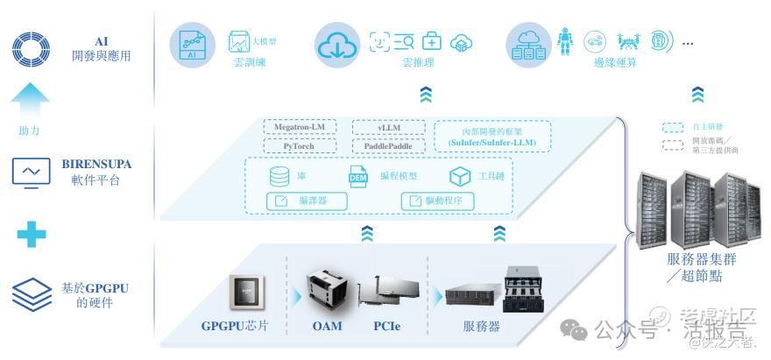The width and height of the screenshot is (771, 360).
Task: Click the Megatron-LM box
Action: (x=301, y=128)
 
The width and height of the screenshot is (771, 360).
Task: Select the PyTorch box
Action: (x=301, y=145)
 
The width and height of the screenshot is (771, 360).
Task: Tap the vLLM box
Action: (x=388, y=128)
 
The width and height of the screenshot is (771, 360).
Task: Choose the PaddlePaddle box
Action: (x=388, y=145)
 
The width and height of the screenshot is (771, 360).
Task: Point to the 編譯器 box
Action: (x=307, y=201)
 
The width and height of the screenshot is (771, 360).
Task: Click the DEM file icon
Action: (x=358, y=175)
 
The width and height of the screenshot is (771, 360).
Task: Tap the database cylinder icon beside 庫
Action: (x=279, y=176)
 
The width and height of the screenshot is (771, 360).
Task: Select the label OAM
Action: (x=327, y=328)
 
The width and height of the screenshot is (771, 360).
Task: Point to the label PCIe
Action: (x=388, y=328)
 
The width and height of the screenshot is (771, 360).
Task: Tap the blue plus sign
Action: (x=31, y=233)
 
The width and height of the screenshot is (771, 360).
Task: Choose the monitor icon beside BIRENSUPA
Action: (x=31, y=172)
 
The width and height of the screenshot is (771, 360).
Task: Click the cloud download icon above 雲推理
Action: (x=336, y=46)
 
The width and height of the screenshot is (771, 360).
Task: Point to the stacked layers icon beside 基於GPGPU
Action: (x=31, y=293)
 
